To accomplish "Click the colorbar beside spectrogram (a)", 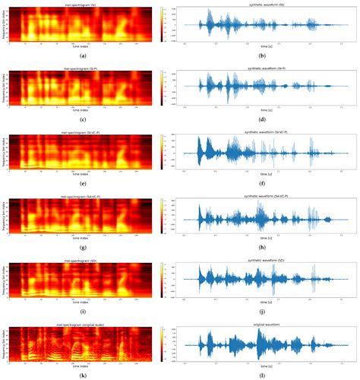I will [162, 24].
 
